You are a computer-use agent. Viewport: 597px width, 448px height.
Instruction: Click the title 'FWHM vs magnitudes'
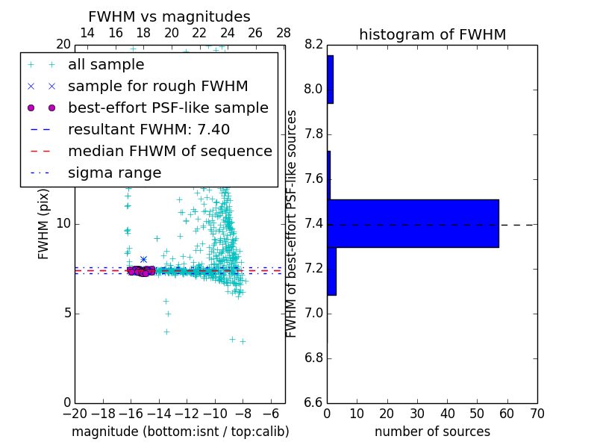click(169, 17)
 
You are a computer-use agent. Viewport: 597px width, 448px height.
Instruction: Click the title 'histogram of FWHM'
click(432, 34)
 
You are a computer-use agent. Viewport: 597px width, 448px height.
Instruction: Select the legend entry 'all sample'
click(106, 65)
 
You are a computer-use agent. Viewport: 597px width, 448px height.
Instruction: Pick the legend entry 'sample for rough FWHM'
click(157, 87)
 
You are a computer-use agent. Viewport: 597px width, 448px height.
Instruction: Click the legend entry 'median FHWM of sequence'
click(169, 151)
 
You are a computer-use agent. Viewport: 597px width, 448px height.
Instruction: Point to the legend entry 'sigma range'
click(114, 173)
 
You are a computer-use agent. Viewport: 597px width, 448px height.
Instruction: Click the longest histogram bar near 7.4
click(413, 223)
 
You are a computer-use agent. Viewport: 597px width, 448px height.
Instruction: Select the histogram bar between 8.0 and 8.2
click(330, 79)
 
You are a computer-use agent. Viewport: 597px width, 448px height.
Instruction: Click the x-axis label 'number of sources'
click(432, 432)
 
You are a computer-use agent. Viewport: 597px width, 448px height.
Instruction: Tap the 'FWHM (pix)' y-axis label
click(44, 223)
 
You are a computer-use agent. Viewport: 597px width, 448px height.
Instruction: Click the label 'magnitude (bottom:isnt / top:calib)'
click(180, 432)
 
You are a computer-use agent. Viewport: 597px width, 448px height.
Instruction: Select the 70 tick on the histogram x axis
click(537, 414)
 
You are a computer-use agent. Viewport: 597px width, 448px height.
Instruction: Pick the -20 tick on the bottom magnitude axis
click(75, 414)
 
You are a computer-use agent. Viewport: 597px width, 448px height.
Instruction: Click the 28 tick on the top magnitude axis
click(284, 33)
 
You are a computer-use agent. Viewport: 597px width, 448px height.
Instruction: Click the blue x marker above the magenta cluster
click(143, 260)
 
